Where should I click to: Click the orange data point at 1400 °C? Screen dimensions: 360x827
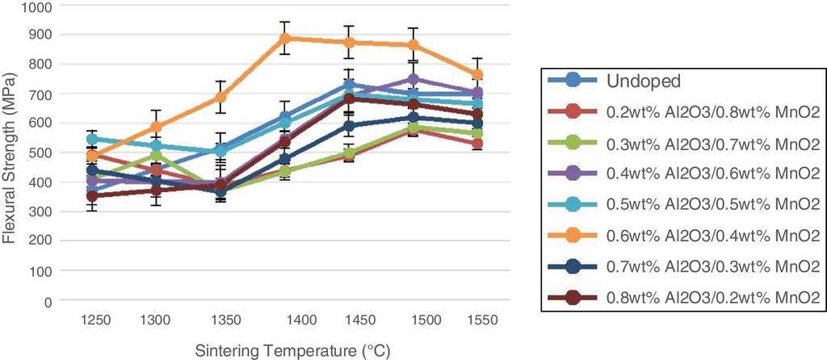pyautogui.click(x=284, y=38)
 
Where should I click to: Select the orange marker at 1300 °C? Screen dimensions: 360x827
pyautogui.click(x=156, y=128)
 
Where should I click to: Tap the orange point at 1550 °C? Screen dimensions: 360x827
pyautogui.click(x=476, y=74)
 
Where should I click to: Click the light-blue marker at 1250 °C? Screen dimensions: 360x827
pyautogui.click(x=92, y=139)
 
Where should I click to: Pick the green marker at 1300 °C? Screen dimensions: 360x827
pyautogui.click(x=156, y=156)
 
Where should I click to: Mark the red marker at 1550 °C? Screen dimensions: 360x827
pyautogui.click(x=476, y=144)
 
